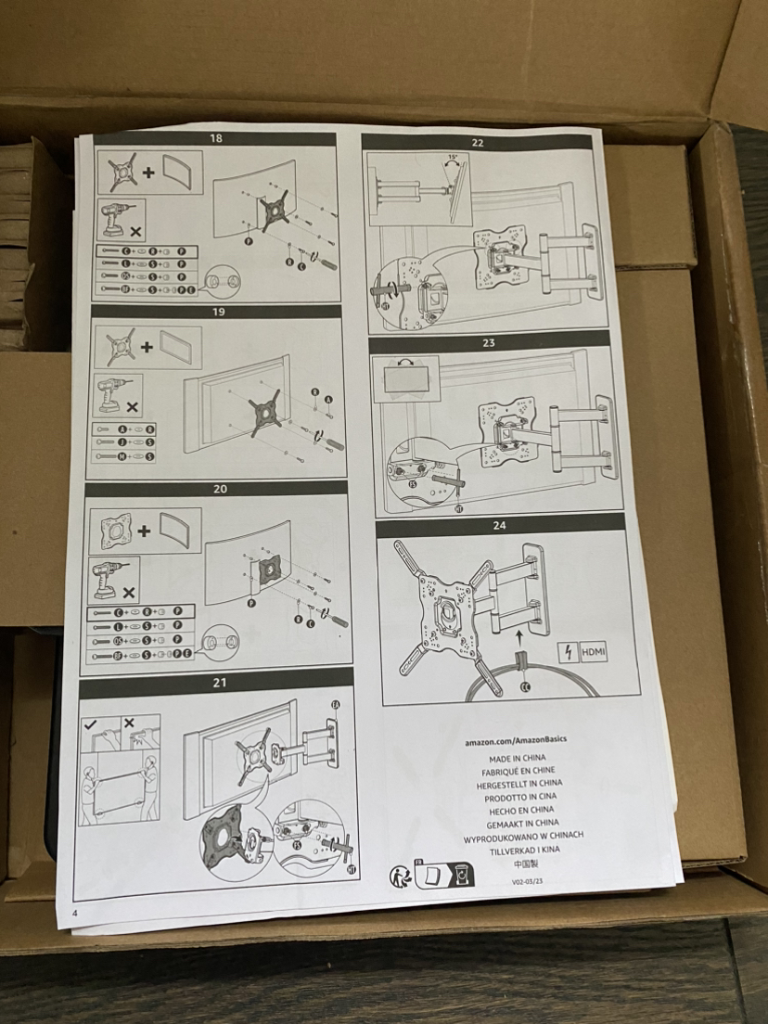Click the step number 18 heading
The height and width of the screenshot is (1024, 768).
pyautogui.click(x=216, y=139)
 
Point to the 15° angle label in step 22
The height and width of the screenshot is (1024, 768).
pyautogui.click(x=452, y=159)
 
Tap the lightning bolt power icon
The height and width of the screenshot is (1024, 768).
pyautogui.click(x=567, y=652)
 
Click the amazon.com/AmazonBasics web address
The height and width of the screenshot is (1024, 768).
pyautogui.click(x=517, y=741)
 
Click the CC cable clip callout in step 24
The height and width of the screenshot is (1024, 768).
pyautogui.click(x=525, y=686)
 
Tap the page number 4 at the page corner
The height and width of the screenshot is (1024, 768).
pyautogui.click(x=73, y=913)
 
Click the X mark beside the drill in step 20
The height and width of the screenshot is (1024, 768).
pyautogui.click(x=129, y=590)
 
